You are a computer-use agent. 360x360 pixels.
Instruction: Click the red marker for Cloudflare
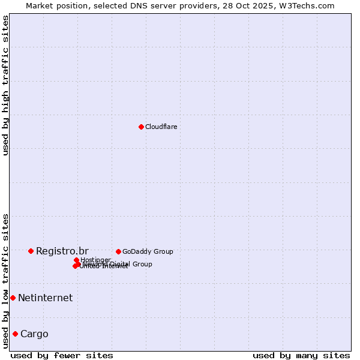click(x=141, y=127)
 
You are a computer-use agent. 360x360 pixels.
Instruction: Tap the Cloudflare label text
click(x=161, y=127)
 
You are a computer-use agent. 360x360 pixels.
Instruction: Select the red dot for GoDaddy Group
click(x=118, y=251)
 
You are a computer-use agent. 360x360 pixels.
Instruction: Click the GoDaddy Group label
click(x=148, y=251)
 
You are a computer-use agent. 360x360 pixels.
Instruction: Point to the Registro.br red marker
click(x=31, y=251)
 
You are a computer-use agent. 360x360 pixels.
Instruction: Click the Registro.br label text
click(x=62, y=251)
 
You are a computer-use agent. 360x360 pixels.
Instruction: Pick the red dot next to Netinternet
click(x=13, y=298)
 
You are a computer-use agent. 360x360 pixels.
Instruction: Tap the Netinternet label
click(x=45, y=298)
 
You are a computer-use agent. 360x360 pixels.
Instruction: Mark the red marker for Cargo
click(x=15, y=334)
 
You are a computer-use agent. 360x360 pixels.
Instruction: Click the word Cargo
click(x=34, y=334)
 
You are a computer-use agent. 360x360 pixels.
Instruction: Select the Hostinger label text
click(x=95, y=260)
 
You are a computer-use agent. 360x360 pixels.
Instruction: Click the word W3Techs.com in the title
click(x=310, y=5)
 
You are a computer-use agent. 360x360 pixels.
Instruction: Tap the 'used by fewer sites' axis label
click(x=62, y=355)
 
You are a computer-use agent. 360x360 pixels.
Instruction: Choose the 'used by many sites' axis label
click(x=301, y=355)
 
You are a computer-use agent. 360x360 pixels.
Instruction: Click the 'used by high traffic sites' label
click(x=5, y=85)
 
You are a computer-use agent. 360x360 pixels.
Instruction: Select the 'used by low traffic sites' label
click(x=5, y=280)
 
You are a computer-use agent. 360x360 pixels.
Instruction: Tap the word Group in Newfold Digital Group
click(x=142, y=264)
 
